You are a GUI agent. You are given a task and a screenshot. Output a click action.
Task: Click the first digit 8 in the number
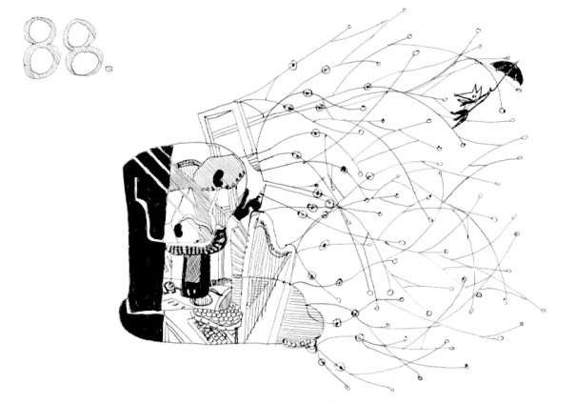[42, 48]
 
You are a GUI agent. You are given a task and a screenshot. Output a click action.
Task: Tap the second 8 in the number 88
[83, 47]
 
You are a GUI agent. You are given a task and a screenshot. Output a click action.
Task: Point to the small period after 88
[109, 69]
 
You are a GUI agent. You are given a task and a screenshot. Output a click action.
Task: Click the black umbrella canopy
[509, 71]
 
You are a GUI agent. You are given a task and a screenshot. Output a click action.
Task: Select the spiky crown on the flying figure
[476, 91]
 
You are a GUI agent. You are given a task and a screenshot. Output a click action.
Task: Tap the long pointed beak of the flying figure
[462, 97]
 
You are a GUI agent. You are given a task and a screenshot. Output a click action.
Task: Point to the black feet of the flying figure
[459, 116]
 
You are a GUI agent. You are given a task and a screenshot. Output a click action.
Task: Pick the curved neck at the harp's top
[272, 232]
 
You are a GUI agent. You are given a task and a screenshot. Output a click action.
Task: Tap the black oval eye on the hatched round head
[218, 177]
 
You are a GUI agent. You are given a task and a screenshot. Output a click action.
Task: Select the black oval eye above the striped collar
[179, 230]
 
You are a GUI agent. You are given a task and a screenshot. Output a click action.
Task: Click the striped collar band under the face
[190, 250]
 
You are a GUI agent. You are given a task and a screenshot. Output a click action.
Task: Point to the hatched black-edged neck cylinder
[195, 274]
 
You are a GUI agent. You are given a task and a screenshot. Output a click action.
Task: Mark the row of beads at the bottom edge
[299, 344]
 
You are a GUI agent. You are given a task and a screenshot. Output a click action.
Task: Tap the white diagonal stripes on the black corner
[154, 158]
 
